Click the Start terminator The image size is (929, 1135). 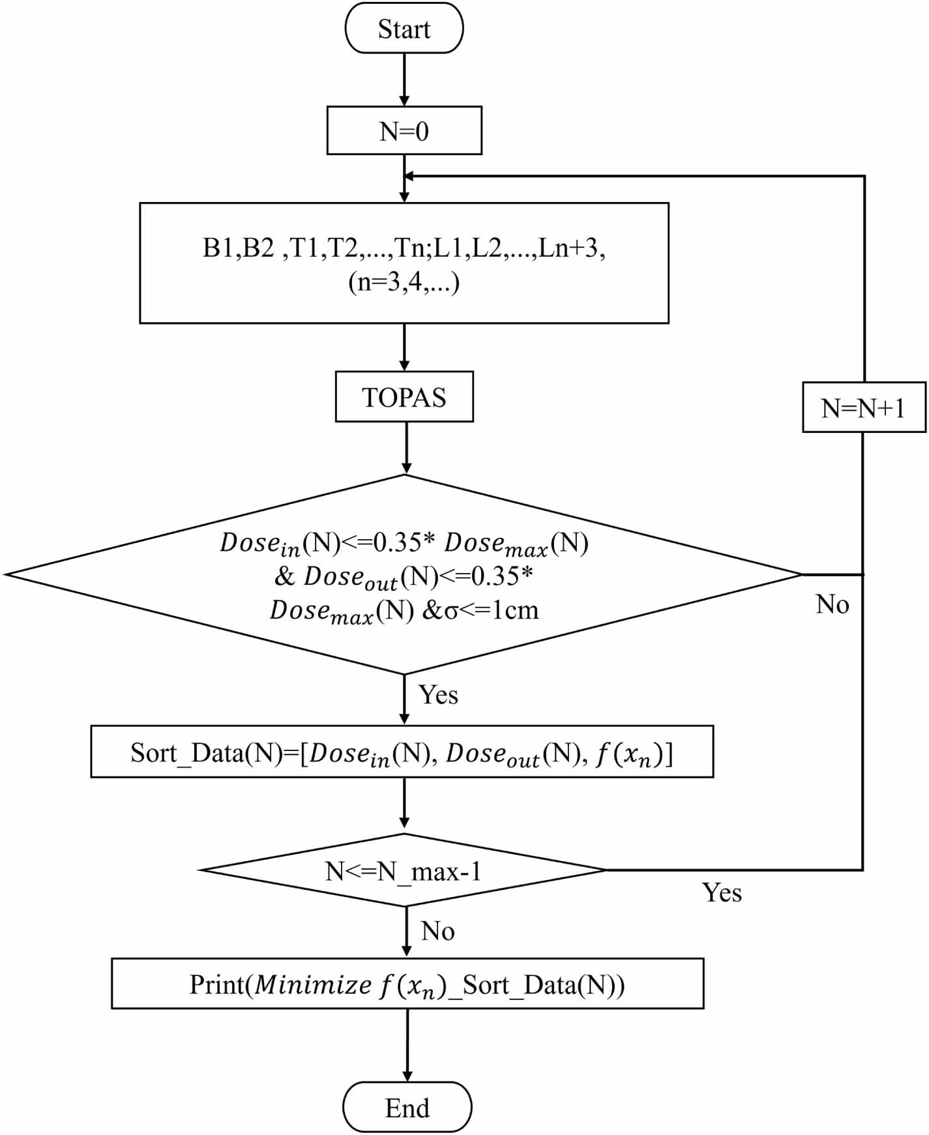(404, 29)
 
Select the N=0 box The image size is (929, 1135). (404, 131)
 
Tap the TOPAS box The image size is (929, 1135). (404, 397)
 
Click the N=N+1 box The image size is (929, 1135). (863, 408)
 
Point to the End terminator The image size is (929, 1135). (407, 1108)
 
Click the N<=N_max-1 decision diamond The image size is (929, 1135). (404, 871)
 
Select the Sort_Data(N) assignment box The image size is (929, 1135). (402, 752)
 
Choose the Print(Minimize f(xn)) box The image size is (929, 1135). (407, 984)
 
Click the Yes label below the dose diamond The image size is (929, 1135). (438, 695)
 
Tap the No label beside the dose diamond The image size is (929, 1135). (833, 604)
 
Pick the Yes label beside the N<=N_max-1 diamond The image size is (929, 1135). (722, 892)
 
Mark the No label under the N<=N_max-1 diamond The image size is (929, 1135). (438, 931)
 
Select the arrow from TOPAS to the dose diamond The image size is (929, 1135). (406, 448)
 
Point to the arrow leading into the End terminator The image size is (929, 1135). (407, 1046)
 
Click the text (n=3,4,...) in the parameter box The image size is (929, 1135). (404, 283)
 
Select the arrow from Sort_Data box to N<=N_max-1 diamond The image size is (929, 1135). (404, 804)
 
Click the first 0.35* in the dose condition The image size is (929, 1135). (404, 542)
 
